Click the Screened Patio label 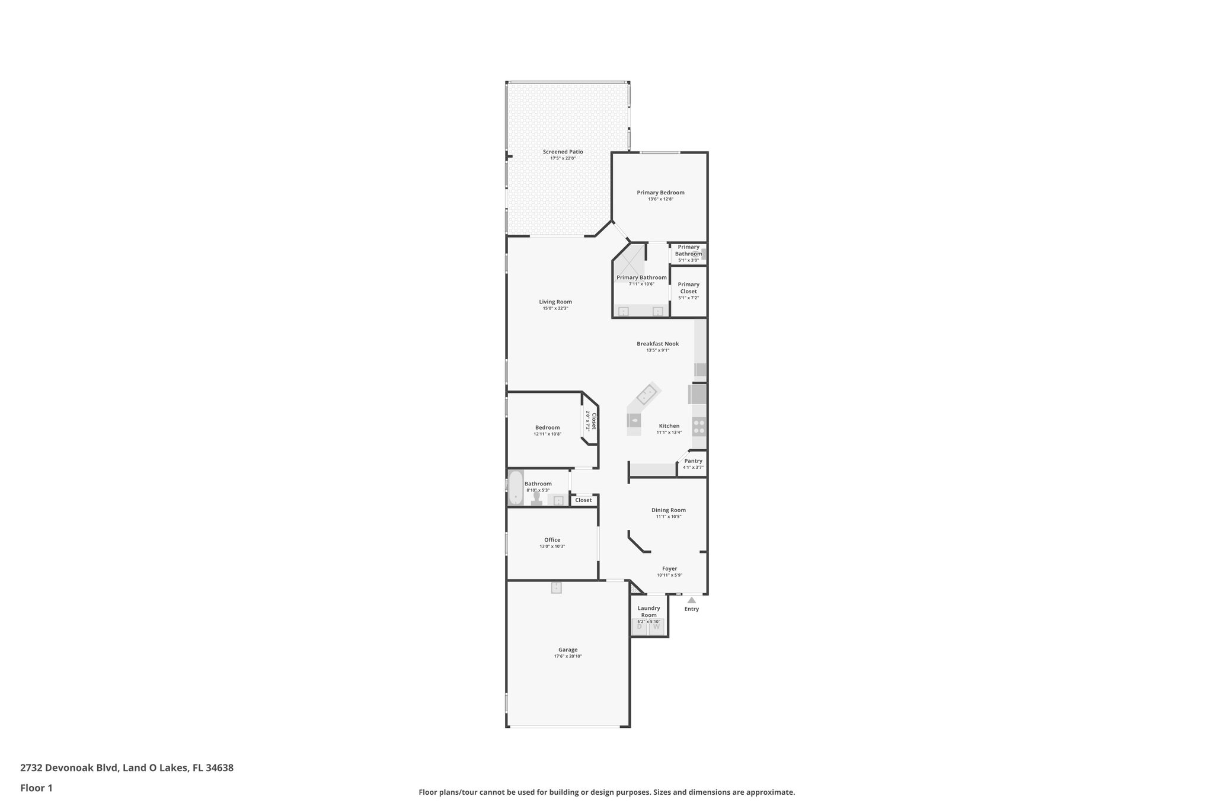(x=563, y=152)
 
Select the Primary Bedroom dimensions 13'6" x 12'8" (x=660, y=199)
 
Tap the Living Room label (x=555, y=302)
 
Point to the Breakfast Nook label (x=657, y=344)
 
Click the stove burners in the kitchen (x=699, y=426)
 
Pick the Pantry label (x=693, y=461)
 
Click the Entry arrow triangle (x=691, y=600)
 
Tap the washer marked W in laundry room (x=656, y=626)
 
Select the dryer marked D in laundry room (x=639, y=626)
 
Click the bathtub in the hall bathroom (x=516, y=487)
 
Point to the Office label (x=552, y=540)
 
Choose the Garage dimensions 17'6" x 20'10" (x=568, y=656)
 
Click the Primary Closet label (x=688, y=287)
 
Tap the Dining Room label (x=668, y=510)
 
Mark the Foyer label (x=669, y=568)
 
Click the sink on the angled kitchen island (x=646, y=394)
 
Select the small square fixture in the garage (x=556, y=587)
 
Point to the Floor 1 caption (x=36, y=788)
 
